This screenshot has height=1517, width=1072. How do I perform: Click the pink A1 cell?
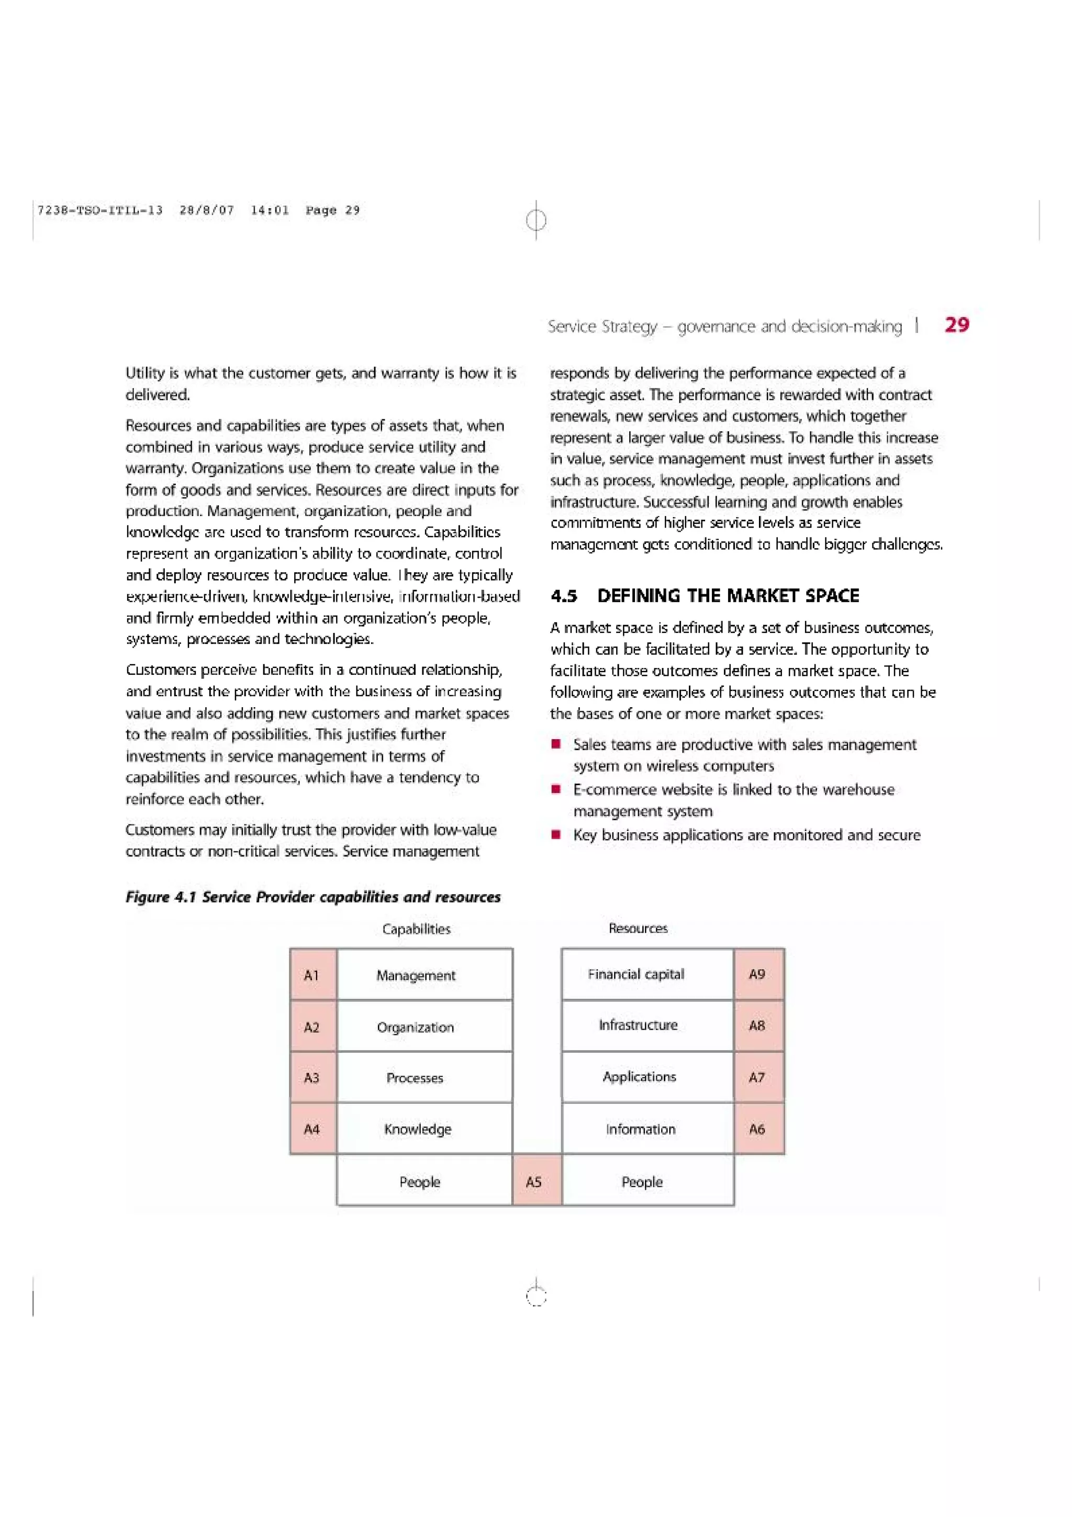click(312, 975)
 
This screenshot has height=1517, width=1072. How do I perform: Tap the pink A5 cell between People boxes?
click(537, 1181)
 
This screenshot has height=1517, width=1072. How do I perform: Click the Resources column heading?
click(638, 928)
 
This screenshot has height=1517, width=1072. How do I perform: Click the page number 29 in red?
click(957, 325)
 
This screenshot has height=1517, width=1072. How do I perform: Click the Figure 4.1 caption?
click(313, 897)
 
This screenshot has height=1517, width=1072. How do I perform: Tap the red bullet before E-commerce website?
click(557, 789)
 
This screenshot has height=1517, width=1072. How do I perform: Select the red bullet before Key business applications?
click(557, 834)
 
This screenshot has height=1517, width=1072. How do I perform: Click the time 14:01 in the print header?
click(270, 210)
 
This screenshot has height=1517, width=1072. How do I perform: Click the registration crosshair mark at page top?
click(537, 219)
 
